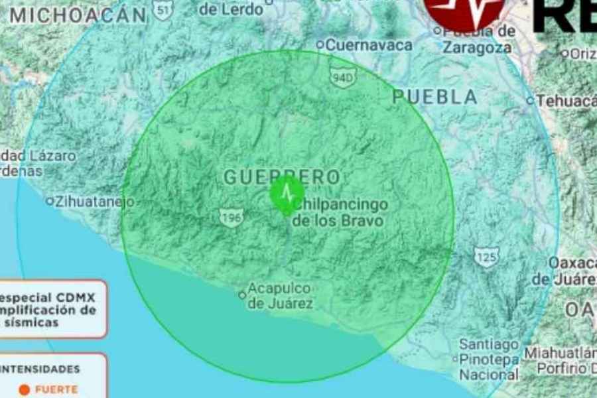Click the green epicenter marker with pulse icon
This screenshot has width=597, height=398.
[287, 193]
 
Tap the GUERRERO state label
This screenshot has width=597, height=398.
[281, 177]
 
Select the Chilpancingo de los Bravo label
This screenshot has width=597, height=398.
[339, 213]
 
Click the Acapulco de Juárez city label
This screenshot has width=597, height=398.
[280, 297]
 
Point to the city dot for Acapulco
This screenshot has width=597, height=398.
[242, 295]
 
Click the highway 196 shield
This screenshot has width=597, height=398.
[230, 217]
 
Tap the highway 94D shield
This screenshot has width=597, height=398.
[343, 78]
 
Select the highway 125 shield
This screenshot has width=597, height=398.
[486, 257]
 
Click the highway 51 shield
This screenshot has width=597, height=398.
[162, 9]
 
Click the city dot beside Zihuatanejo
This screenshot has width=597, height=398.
[49, 201]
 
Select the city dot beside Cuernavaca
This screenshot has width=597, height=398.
[320, 45]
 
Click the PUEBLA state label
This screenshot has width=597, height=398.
[434, 97]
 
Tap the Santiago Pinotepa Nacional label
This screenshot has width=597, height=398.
[490, 360]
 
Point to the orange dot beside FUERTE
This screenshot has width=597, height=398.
[24, 390]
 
